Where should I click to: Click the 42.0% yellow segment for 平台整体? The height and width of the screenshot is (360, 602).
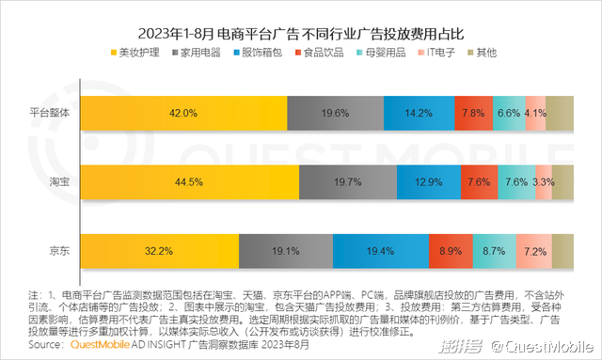click(183, 113)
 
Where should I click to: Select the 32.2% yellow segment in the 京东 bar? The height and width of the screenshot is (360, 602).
click(159, 252)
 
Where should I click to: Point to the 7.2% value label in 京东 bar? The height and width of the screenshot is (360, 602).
click(535, 252)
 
